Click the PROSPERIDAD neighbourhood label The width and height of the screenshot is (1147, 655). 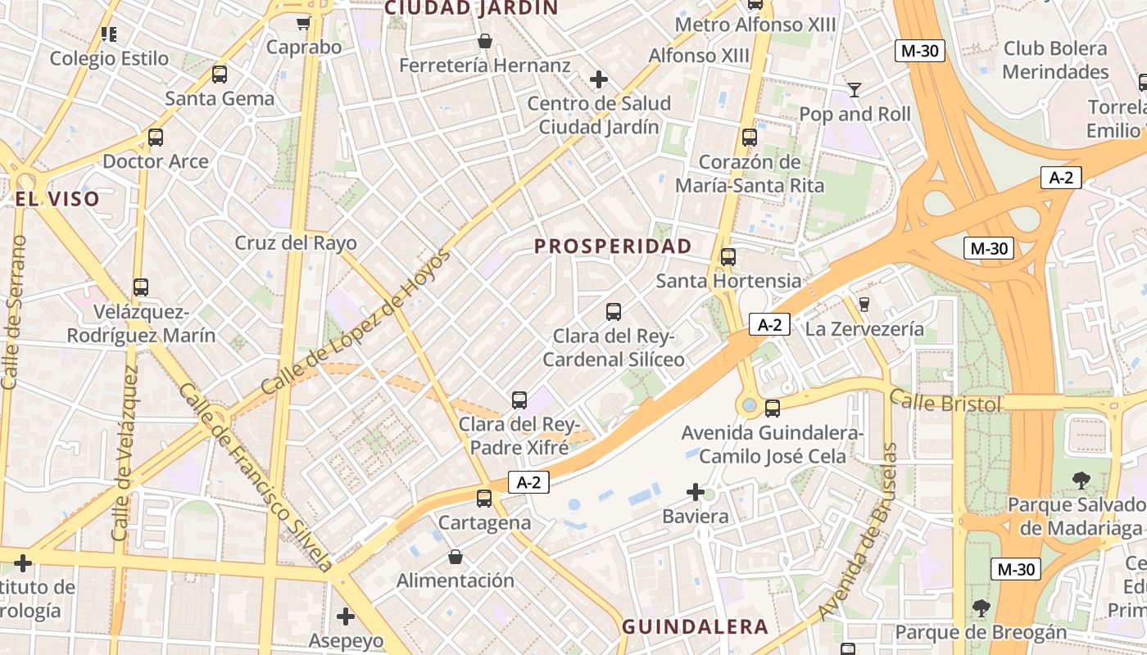[613, 246]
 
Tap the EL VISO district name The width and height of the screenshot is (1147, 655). [57, 199]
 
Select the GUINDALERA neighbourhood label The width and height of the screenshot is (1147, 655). [695, 627]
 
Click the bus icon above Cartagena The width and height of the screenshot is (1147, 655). [484, 498]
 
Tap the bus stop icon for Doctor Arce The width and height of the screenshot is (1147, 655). [156, 138]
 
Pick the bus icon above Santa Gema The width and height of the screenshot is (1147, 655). [220, 75]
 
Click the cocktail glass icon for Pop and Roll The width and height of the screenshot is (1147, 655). [855, 89]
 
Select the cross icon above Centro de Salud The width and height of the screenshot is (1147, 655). [599, 79]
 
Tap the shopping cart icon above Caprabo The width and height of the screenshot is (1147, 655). [303, 24]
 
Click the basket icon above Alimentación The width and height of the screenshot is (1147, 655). [456, 557]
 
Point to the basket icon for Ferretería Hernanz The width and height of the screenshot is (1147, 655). [485, 41]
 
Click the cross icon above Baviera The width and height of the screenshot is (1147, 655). [696, 492]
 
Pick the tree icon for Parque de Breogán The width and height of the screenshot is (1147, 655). [981, 608]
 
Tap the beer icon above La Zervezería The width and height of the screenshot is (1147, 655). [864, 305]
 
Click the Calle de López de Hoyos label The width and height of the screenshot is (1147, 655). [356, 322]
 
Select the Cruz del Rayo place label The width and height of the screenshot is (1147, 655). [296, 243]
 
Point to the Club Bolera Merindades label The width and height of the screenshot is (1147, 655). [1054, 60]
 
